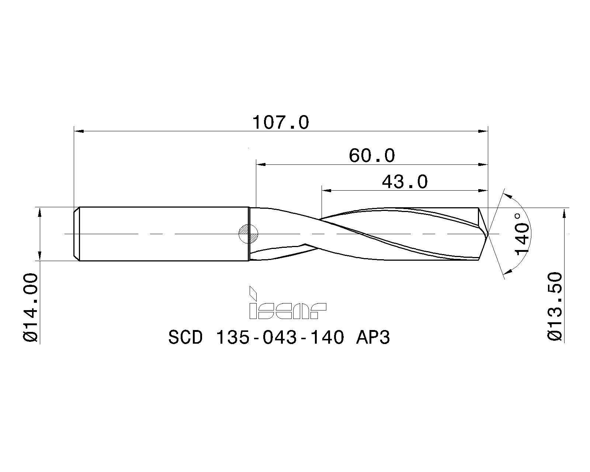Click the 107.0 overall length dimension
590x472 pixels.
281,122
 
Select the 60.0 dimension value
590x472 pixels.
372,156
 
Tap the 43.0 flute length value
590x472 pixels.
405,182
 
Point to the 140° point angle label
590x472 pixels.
522,235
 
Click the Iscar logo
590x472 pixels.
288,303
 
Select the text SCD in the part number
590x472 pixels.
185,337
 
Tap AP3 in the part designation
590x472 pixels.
372,337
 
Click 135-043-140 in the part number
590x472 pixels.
280,337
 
